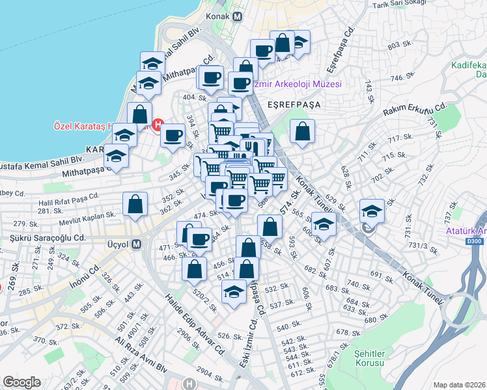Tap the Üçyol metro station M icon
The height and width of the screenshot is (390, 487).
pyautogui.click(x=136, y=244)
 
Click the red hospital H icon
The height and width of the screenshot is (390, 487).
pyautogui.click(x=156, y=124)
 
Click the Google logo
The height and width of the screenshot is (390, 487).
pyautogui.click(x=21, y=382)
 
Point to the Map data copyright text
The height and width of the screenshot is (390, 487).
pyautogui.click(x=460, y=384)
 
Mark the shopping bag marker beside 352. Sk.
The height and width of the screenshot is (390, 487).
pyautogui.click(x=134, y=204)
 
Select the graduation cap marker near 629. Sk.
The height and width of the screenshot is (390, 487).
pyautogui.click(x=372, y=211)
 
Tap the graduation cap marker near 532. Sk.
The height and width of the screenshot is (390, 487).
pyautogui.click(x=234, y=291)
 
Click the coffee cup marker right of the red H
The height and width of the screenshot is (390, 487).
pyautogui.click(x=173, y=135)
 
